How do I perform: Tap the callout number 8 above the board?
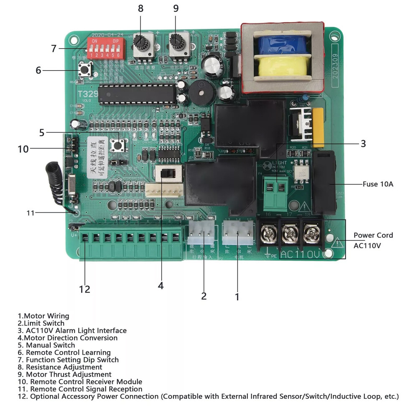(x=140, y=9)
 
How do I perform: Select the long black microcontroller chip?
(x=138, y=93)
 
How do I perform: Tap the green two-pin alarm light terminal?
(x=275, y=193)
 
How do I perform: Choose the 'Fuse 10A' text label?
(x=377, y=184)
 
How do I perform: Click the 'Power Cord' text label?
(x=373, y=235)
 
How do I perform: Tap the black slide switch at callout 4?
(x=168, y=173)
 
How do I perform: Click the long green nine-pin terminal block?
(x=132, y=243)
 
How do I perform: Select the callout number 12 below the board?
(x=84, y=289)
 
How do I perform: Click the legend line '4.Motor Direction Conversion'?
(x=68, y=338)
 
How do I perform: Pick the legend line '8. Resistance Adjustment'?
(x=60, y=367)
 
